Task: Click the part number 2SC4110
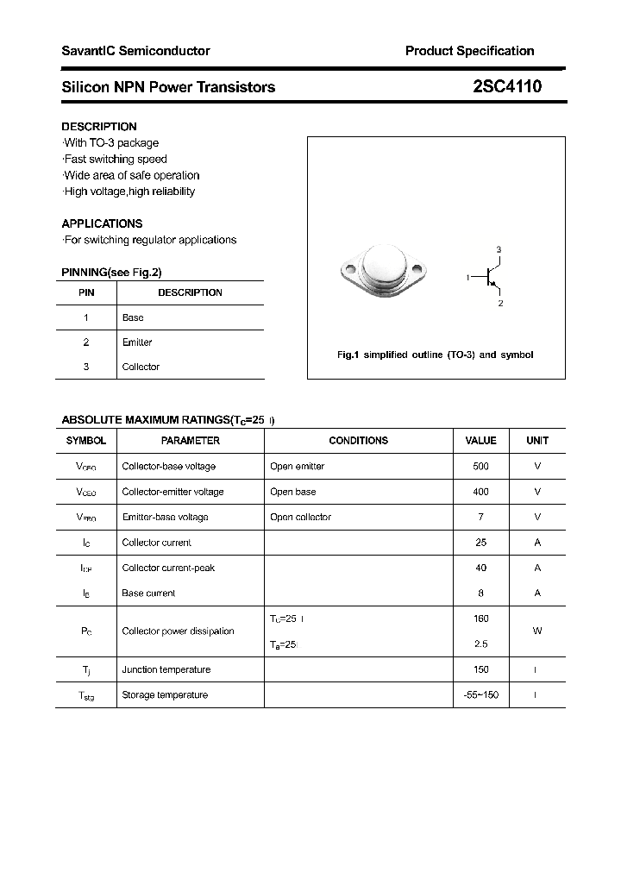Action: pyautogui.click(x=507, y=86)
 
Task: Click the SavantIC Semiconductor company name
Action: pyautogui.click(x=135, y=51)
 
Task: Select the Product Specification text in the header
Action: pyautogui.click(x=469, y=51)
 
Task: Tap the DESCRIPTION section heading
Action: pyautogui.click(x=99, y=127)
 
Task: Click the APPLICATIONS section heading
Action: pyautogui.click(x=102, y=223)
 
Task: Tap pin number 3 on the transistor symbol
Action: pyautogui.click(x=499, y=249)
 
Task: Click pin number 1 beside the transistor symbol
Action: pyautogui.click(x=467, y=277)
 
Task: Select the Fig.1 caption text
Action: pyautogui.click(x=435, y=355)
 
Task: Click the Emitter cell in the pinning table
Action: pyautogui.click(x=137, y=342)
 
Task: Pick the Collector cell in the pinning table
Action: pyautogui.click(x=141, y=367)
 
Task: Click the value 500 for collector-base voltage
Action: pyautogui.click(x=480, y=466)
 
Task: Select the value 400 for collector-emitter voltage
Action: pyautogui.click(x=480, y=492)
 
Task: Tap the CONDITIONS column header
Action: pyautogui.click(x=358, y=441)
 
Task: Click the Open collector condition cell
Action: pyautogui.click(x=300, y=517)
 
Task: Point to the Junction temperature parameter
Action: pyautogui.click(x=166, y=669)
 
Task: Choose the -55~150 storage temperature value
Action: pyautogui.click(x=480, y=695)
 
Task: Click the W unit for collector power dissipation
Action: pyautogui.click(x=536, y=631)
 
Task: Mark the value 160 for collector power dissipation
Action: pyautogui.click(x=480, y=619)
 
